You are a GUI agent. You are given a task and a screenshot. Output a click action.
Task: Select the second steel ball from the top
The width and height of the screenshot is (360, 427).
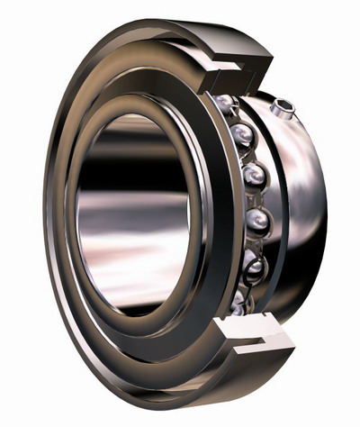(x=241, y=136)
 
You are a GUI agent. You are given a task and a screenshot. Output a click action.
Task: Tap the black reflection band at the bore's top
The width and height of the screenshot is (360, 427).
(x=135, y=135)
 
